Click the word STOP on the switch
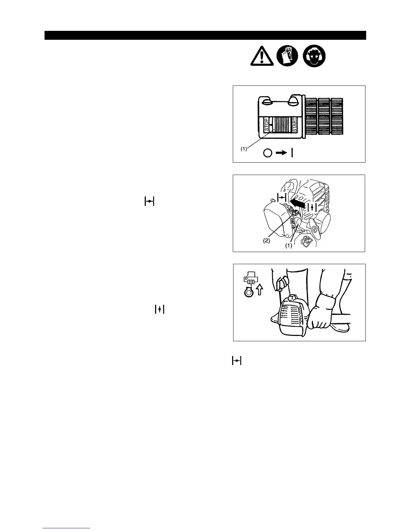[x=266, y=124]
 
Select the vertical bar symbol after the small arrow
[x=292, y=153]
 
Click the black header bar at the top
[x=205, y=35]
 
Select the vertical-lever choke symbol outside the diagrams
[x=159, y=310]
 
